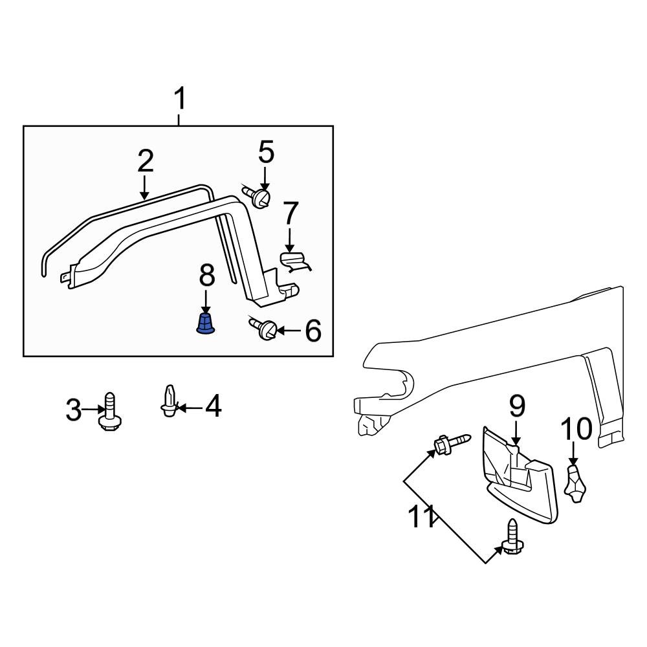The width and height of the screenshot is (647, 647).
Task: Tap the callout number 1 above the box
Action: click(x=180, y=100)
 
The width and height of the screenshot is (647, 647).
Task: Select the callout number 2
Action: click(x=145, y=161)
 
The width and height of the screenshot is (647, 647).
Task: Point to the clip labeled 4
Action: click(x=168, y=402)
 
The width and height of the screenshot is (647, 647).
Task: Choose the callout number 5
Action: click(x=266, y=153)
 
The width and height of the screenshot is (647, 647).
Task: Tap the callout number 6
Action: click(x=313, y=331)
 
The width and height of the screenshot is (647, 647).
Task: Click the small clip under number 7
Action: click(x=295, y=261)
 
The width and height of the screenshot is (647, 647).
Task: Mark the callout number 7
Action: click(x=291, y=214)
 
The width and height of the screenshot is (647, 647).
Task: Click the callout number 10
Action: click(x=576, y=428)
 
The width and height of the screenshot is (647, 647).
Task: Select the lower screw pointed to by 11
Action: click(x=512, y=539)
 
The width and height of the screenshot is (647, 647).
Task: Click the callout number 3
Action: click(x=74, y=410)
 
